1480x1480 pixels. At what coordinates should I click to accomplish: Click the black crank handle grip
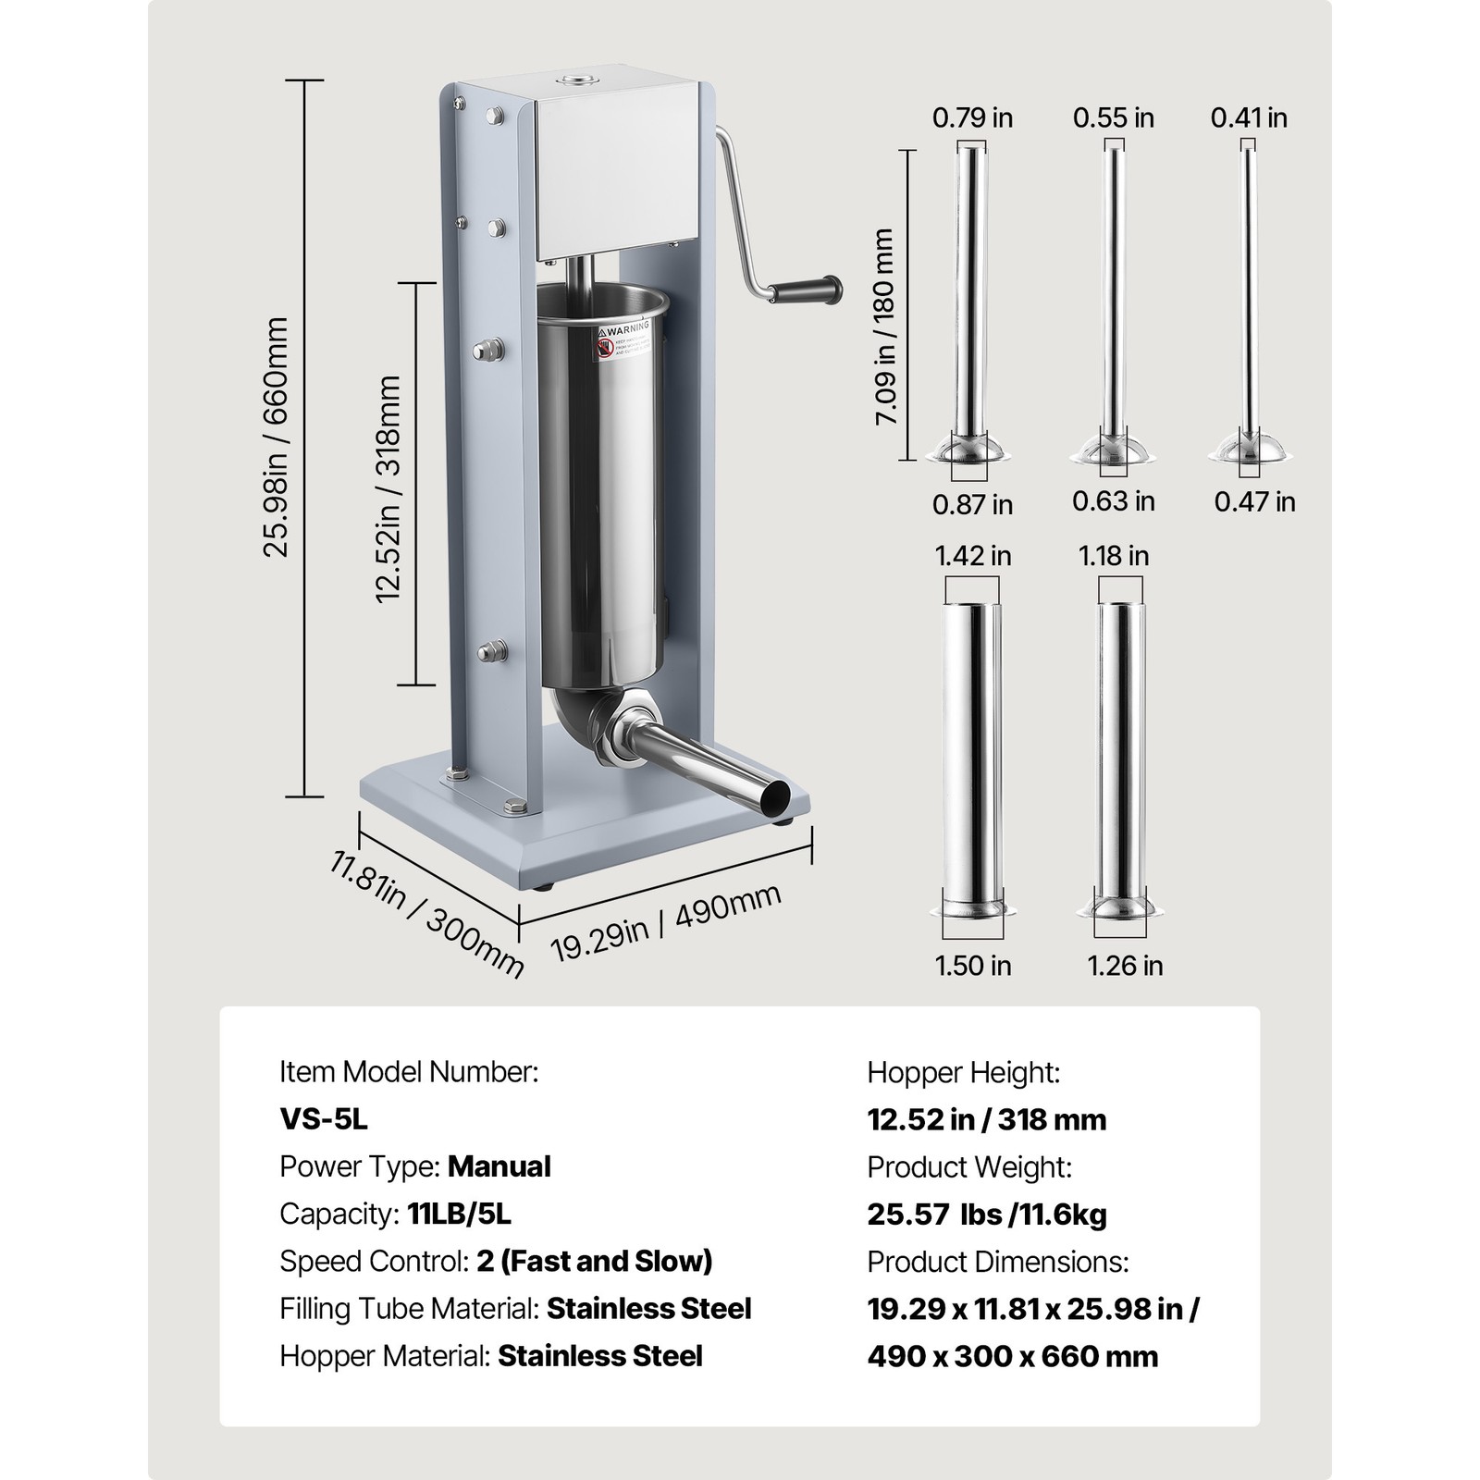[807, 291]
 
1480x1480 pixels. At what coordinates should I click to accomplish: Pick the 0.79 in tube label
[972, 117]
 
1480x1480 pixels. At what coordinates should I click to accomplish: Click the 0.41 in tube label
[1249, 117]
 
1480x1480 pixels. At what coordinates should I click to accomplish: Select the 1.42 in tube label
[972, 556]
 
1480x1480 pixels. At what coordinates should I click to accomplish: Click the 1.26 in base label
[1125, 966]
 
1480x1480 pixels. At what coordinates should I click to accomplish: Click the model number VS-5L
[324, 1119]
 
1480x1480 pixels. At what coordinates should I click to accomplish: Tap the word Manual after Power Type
[499, 1166]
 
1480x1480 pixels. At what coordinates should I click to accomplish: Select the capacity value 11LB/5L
[459, 1214]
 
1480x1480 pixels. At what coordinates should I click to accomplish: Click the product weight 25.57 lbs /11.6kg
[986, 1215]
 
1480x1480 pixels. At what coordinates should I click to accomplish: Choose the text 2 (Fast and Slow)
[595, 1261]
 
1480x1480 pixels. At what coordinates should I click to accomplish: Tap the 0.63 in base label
[1114, 501]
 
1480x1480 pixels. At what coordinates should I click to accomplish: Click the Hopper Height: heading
[963, 1073]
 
